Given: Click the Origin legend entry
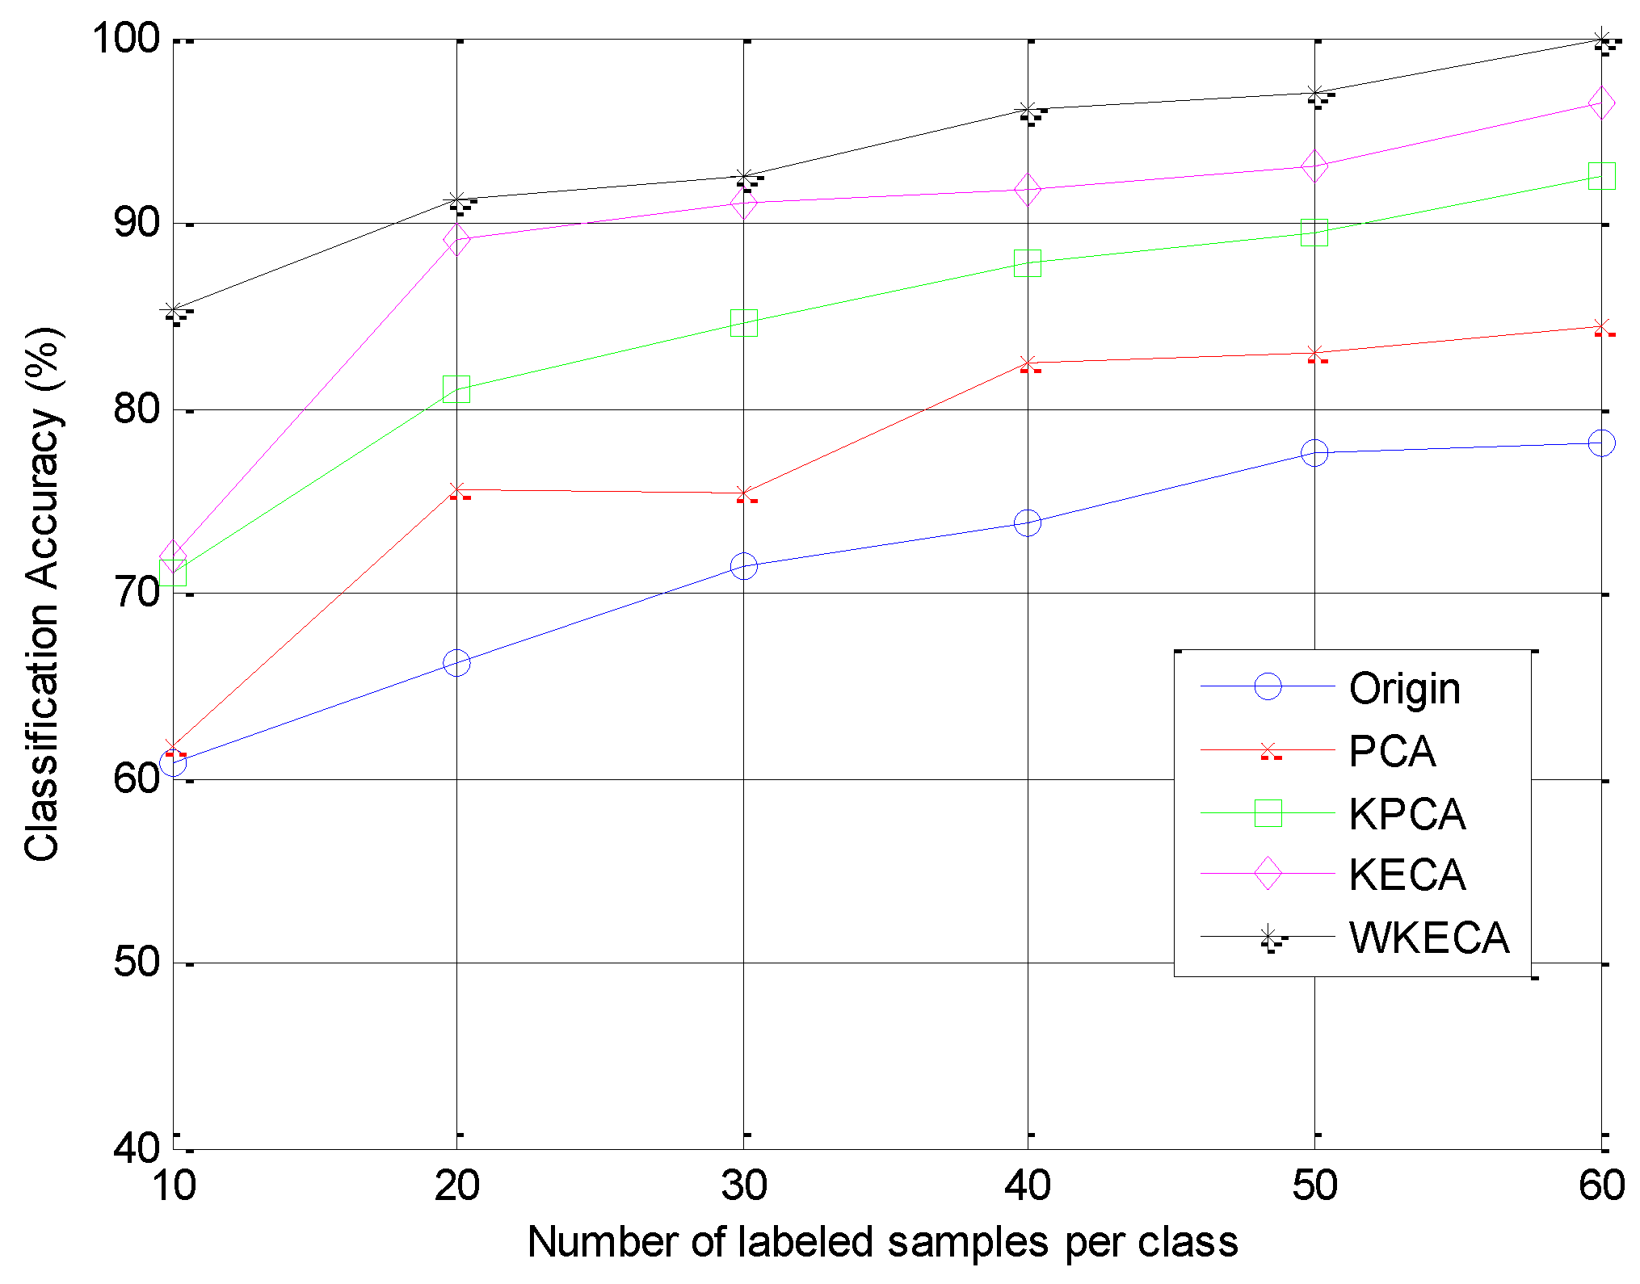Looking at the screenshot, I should [1404, 689].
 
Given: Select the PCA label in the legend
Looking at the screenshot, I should [1392, 751].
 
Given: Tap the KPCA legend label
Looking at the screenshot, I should [1407, 813].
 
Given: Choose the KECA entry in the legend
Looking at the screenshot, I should [1407, 875].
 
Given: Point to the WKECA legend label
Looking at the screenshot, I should [1428, 938].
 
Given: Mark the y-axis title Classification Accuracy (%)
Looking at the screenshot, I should [42, 594].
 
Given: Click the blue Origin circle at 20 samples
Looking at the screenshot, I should [456, 663].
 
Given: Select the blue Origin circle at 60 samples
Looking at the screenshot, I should [1601, 443].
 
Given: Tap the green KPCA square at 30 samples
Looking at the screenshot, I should [743, 323].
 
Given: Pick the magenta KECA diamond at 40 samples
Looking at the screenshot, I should [1028, 189].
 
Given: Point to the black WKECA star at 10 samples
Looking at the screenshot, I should [173, 310].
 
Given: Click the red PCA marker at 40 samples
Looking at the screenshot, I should [1028, 363].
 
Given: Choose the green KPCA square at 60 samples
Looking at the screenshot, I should [1601, 175].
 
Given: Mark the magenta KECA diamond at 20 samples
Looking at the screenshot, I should [456, 239].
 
